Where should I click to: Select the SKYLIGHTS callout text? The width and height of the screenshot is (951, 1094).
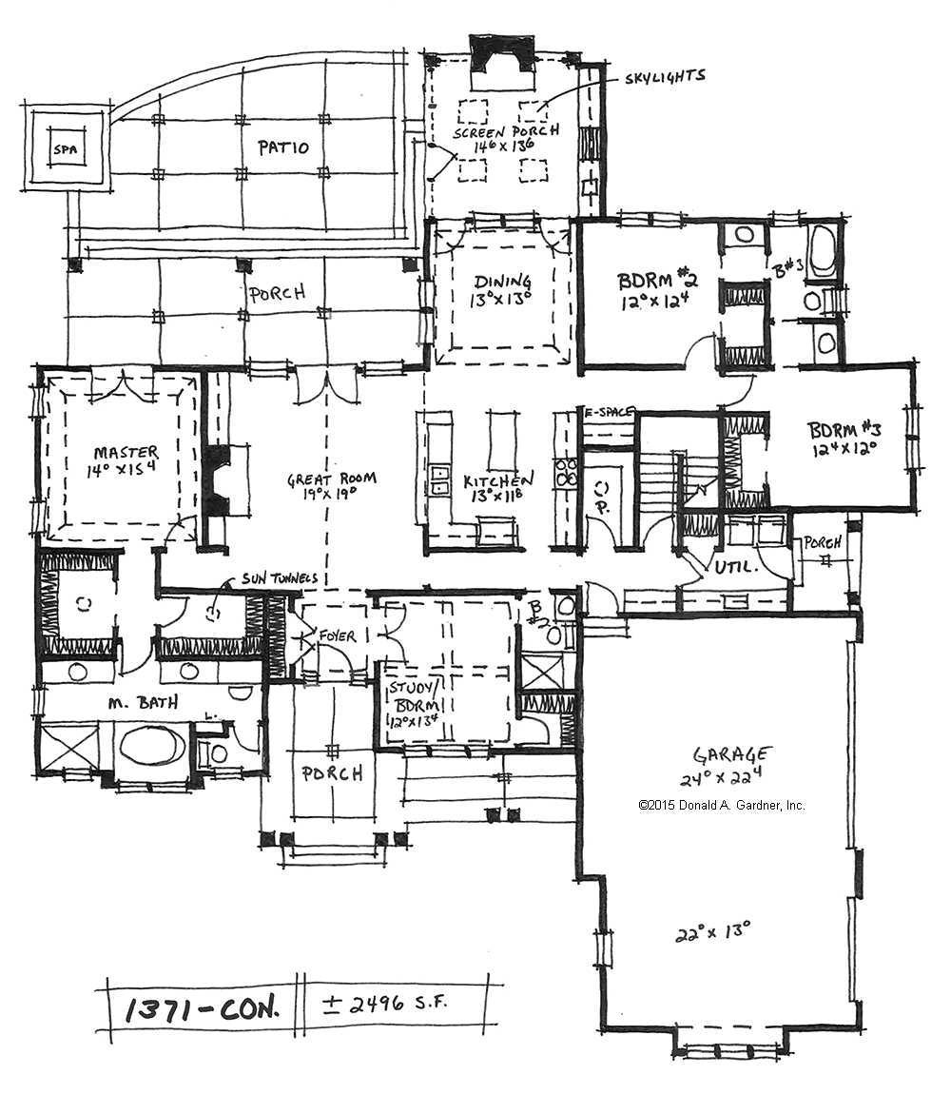(x=665, y=76)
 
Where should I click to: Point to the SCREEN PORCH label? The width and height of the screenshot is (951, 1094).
(x=505, y=131)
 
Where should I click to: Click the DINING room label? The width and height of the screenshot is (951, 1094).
(x=501, y=281)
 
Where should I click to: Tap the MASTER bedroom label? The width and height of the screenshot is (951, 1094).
(x=126, y=452)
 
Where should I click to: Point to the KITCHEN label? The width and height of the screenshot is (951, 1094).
(x=498, y=481)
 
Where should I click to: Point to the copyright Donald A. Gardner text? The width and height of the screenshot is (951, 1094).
(x=722, y=805)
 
